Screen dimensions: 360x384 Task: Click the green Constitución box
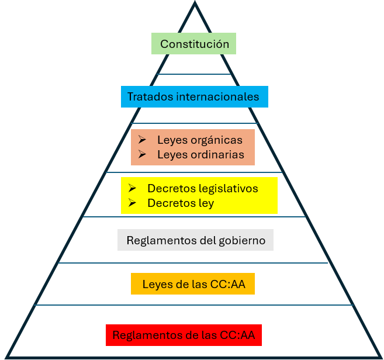click(194, 44)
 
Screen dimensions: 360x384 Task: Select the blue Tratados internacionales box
click(194, 96)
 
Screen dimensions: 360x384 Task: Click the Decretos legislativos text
click(203, 189)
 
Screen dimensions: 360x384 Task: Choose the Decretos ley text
click(181, 203)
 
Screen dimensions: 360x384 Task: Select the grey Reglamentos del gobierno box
click(195, 240)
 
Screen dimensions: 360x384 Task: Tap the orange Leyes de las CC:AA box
click(192, 285)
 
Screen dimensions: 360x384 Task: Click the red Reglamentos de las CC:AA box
click(184, 335)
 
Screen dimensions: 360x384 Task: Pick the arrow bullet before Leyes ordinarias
click(141, 154)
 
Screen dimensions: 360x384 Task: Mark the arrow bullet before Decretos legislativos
click(132, 189)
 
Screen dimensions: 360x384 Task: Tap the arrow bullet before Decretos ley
click(132, 203)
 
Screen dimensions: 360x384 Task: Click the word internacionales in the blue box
click(217, 96)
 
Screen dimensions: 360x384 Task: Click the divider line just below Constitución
click(194, 74)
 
